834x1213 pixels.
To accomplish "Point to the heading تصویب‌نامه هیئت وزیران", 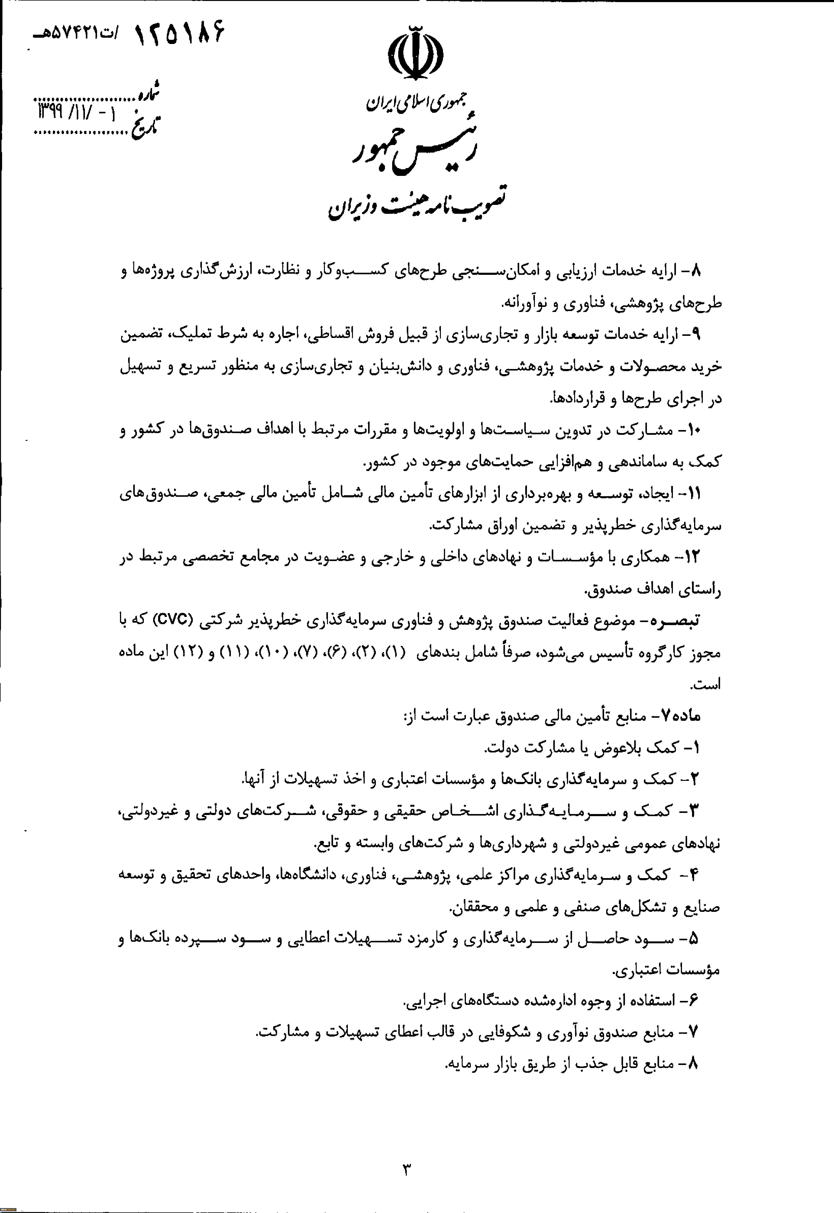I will tap(418, 204).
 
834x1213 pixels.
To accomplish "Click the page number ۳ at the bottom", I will tap(407, 1169).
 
